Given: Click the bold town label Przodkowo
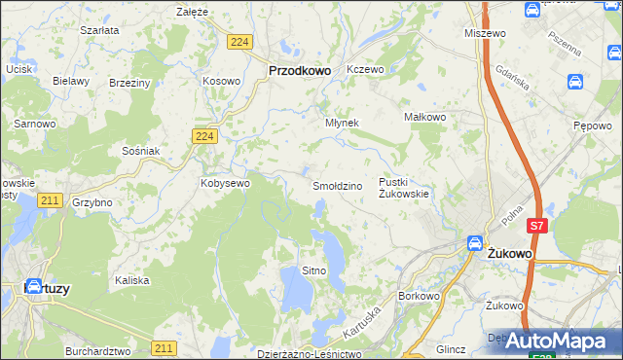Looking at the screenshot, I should click(x=300, y=70).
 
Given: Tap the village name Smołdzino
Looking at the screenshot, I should click(x=337, y=185).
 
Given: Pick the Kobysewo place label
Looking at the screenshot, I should click(x=226, y=182).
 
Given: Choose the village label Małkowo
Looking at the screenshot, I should click(x=424, y=117).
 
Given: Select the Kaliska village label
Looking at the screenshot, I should click(x=131, y=280).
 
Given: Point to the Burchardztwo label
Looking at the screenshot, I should click(x=97, y=350).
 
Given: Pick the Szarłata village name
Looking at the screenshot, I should click(x=100, y=30).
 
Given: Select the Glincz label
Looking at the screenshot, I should click(x=452, y=348).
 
